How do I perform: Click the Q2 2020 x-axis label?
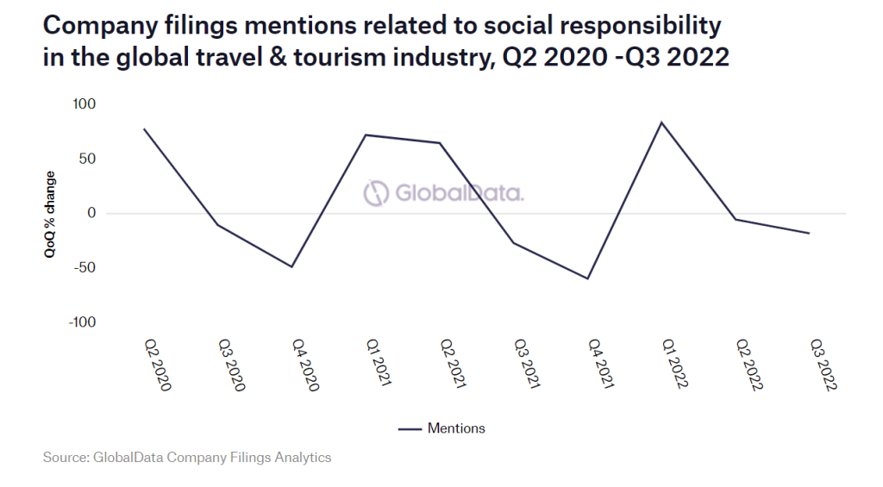coord(157,365)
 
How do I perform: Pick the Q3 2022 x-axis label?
coord(823,365)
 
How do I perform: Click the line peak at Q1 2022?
coord(661,122)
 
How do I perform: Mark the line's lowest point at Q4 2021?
coord(587,278)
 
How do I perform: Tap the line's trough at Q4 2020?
coord(291,266)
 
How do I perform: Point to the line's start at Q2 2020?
coord(144,129)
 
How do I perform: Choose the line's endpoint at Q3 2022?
coord(809,233)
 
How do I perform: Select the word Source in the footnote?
coord(66,457)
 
